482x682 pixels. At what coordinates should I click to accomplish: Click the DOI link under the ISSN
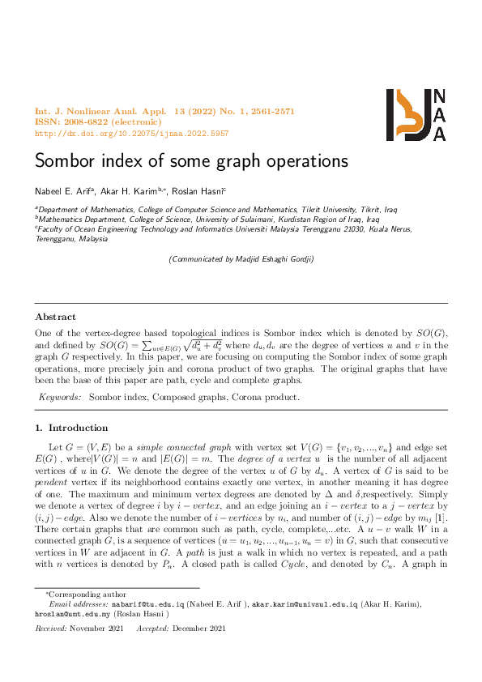pos(132,133)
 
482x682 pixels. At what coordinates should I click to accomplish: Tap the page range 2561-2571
pos(269,110)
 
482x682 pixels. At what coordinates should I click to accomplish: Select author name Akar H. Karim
pos(132,190)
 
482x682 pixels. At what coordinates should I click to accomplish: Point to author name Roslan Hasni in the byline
pos(199,190)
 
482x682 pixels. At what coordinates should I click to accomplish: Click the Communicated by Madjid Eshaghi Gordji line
pos(241,259)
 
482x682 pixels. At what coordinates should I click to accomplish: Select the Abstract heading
pos(56,318)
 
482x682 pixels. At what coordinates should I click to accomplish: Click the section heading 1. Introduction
pos(71,428)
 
